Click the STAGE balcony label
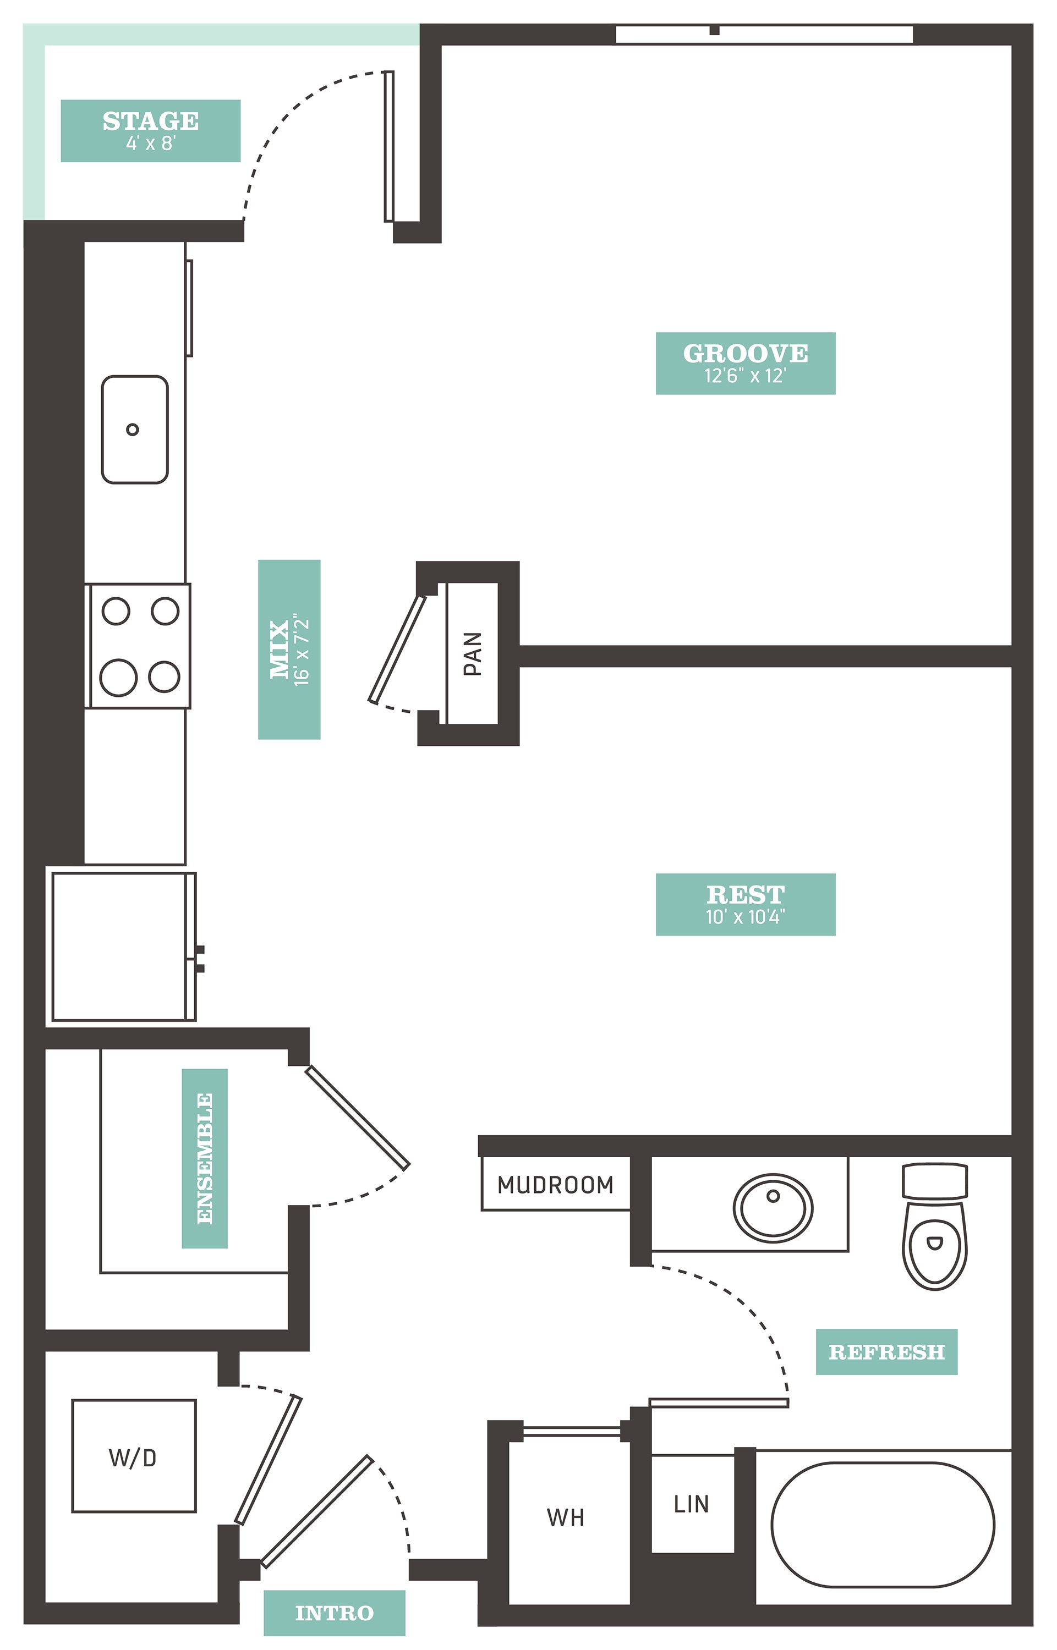(x=150, y=130)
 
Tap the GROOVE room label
(x=746, y=363)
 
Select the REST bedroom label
(x=746, y=904)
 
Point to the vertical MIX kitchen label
(x=289, y=649)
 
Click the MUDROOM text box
(x=555, y=1185)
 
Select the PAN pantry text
(x=472, y=654)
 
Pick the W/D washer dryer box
(x=134, y=1456)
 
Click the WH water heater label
(x=566, y=1517)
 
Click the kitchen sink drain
(x=133, y=430)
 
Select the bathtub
(x=883, y=1525)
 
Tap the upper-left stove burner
(x=116, y=610)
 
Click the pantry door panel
(x=397, y=649)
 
